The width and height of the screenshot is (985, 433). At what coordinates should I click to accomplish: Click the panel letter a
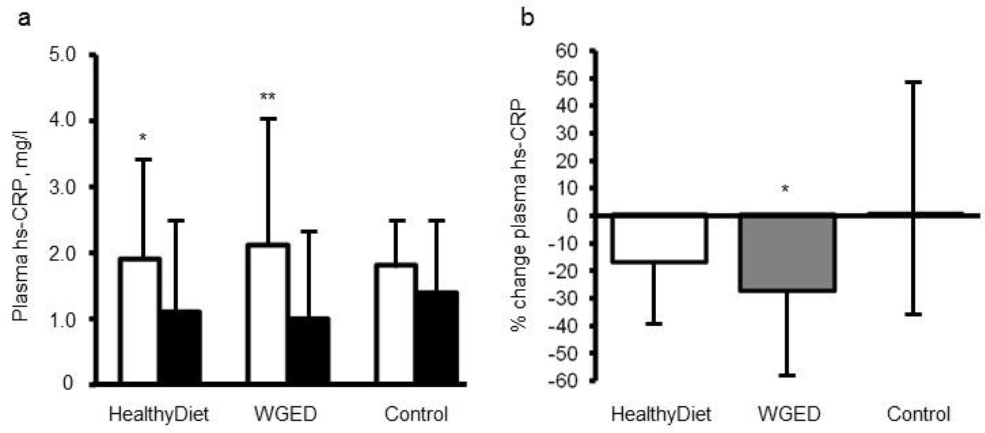pos(25,18)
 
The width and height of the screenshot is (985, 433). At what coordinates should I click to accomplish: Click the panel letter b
pos(527,18)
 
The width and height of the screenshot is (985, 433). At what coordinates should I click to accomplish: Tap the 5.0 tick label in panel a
pos(63,55)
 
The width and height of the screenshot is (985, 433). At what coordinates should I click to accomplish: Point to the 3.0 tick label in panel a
pos(63,187)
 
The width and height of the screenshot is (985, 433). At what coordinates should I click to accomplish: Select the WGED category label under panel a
pos(286,414)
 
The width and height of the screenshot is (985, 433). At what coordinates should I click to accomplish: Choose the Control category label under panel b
pos(919,414)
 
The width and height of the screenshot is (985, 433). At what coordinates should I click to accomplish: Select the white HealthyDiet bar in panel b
pos(659,239)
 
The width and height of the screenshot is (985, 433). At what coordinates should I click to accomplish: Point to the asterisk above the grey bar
pos(785,189)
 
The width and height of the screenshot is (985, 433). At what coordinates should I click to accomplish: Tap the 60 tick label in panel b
pos(566,51)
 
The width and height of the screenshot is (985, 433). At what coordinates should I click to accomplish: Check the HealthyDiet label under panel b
pos(661,414)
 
